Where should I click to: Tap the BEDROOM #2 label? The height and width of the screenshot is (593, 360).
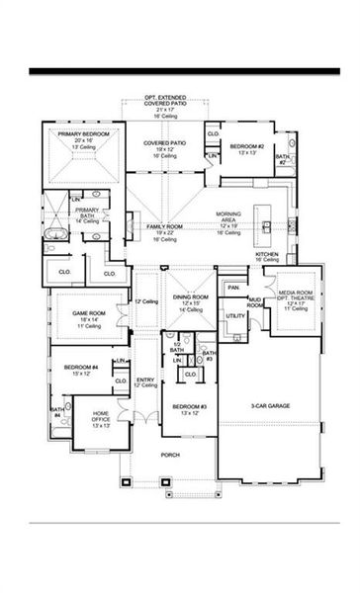tap(247, 146)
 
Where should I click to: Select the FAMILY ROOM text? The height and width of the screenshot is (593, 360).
tap(165, 226)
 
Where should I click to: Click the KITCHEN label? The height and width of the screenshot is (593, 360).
tap(268, 254)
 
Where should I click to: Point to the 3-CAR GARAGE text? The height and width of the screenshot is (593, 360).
tap(269, 405)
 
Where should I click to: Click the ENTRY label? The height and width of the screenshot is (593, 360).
tap(145, 379)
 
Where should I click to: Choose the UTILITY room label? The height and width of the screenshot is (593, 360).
tap(235, 315)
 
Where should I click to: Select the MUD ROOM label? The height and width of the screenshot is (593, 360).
tap(255, 302)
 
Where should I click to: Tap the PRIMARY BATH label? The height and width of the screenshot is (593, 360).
tap(90, 212)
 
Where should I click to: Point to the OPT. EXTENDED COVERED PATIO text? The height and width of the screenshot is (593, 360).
tap(165, 100)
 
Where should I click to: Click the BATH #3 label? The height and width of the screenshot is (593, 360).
tap(208, 355)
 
